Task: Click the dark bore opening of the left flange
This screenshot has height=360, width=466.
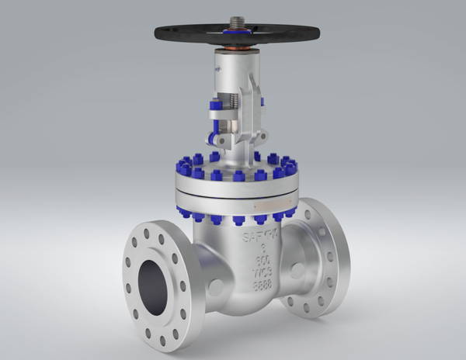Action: point(154,283)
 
